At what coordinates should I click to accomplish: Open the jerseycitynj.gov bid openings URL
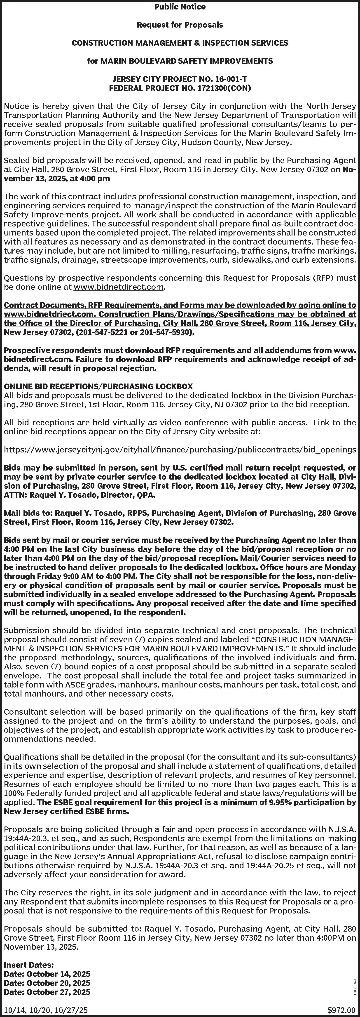(x=180, y=450)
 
